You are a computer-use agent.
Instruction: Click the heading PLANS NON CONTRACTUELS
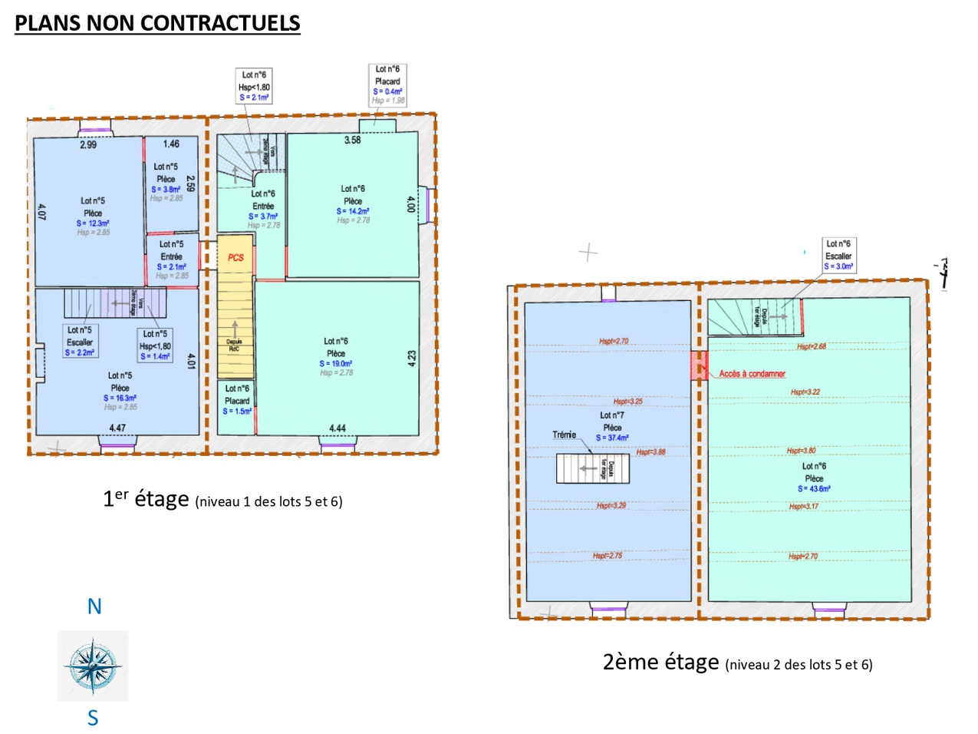pyautogui.click(x=157, y=23)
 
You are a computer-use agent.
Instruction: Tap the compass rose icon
pyautogui.click(x=93, y=665)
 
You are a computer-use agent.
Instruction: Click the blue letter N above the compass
pyautogui.click(x=94, y=607)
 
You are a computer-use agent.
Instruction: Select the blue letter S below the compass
pyautogui.click(x=93, y=718)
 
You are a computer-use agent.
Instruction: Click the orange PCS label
pyautogui.click(x=235, y=258)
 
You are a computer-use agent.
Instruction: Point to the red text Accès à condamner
pyautogui.click(x=752, y=374)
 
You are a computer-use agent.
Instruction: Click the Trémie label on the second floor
pyautogui.click(x=564, y=435)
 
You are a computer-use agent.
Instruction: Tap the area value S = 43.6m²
pyautogui.click(x=814, y=488)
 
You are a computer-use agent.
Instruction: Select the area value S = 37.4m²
pyautogui.click(x=612, y=438)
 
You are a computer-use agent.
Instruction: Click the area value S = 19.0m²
pyautogui.click(x=336, y=363)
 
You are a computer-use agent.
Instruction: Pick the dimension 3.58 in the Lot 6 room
pyautogui.click(x=352, y=140)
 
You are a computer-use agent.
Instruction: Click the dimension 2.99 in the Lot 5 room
pyautogui.click(x=88, y=144)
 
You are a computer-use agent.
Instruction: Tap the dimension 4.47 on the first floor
pyautogui.click(x=117, y=428)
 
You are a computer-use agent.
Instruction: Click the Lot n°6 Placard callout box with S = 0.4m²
pyautogui.click(x=387, y=84)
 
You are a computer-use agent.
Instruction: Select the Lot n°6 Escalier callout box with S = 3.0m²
pyautogui.click(x=838, y=256)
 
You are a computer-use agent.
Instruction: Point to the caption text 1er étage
pyautogui.click(x=146, y=499)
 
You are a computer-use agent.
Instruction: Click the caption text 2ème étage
pyautogui.click(x=660, y=662)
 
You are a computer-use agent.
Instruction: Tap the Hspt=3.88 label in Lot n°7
pyautogui.click(x=650, y=452)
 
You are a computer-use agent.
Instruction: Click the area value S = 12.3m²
pyautogui.click(x=93, y=223)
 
